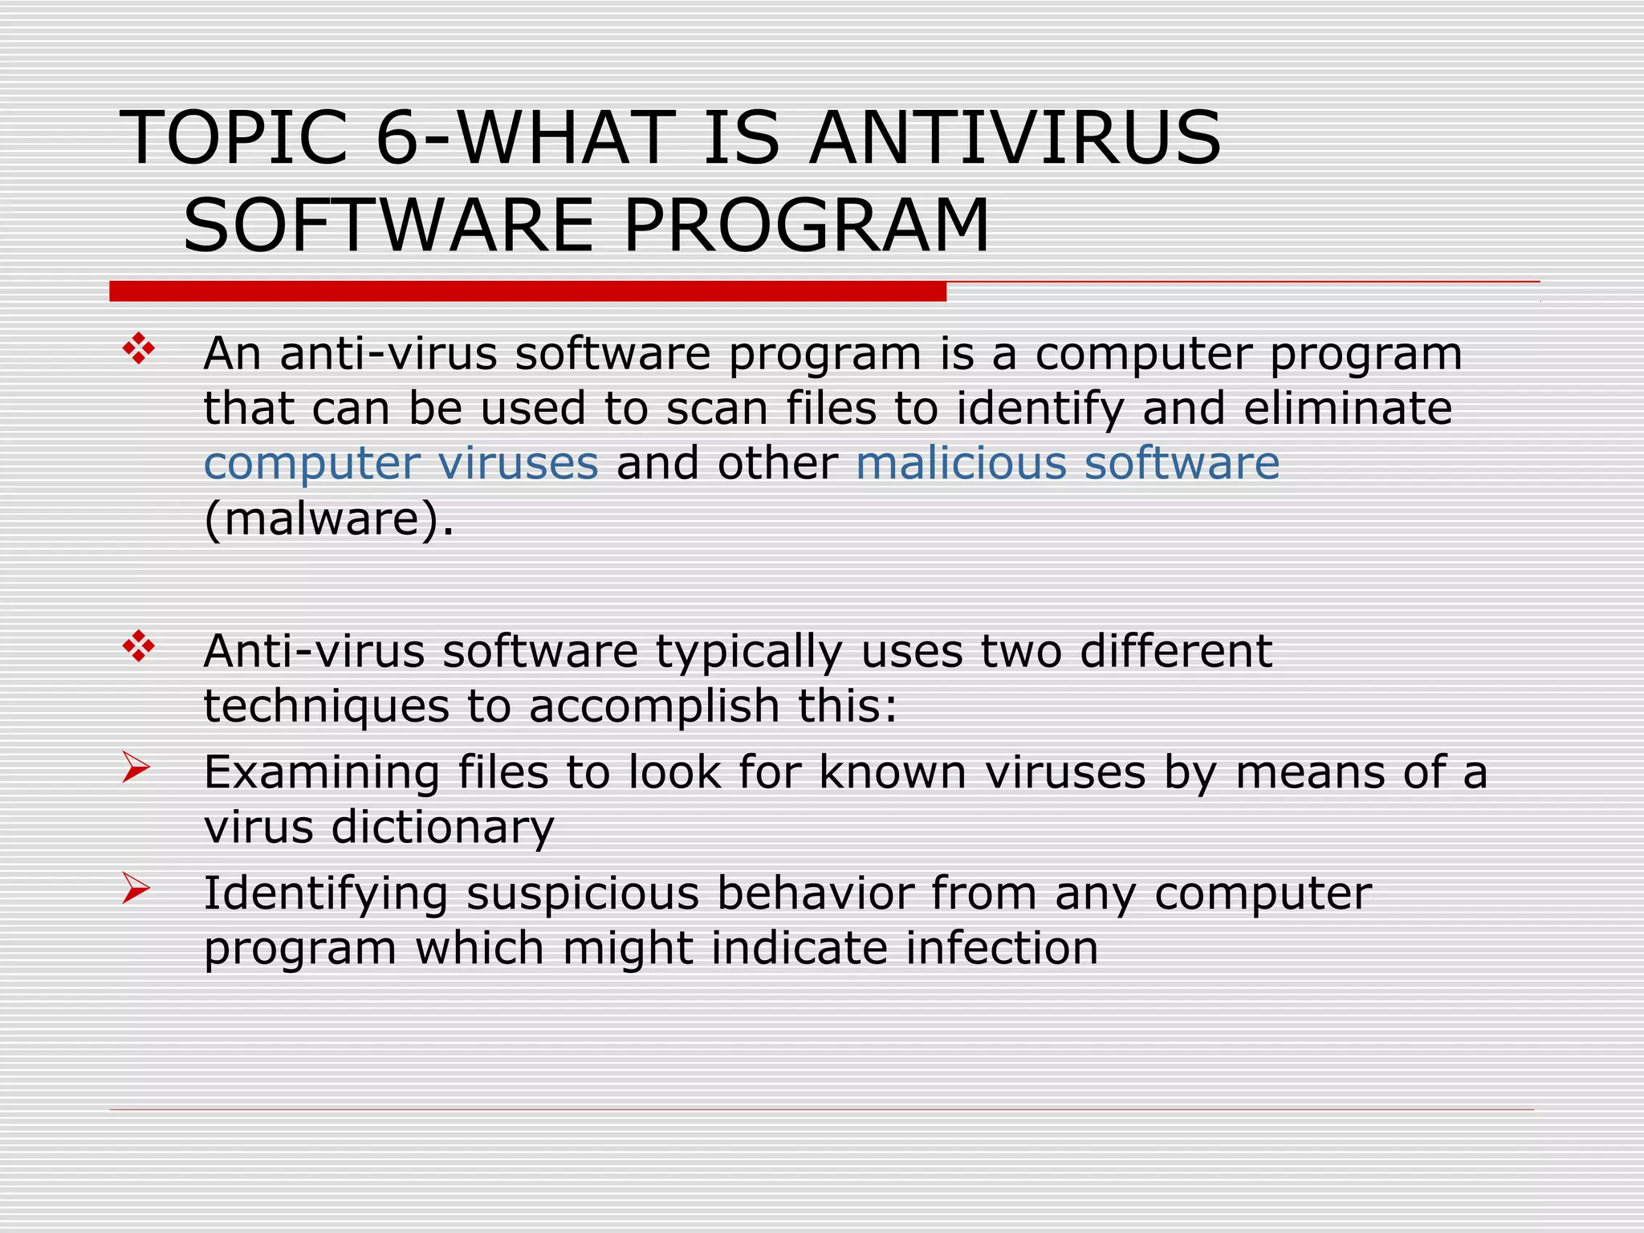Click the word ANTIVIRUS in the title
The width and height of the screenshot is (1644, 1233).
1015,138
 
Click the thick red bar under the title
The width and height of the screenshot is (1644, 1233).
527,291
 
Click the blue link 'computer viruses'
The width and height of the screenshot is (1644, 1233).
401,463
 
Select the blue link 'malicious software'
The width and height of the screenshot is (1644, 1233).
1067,463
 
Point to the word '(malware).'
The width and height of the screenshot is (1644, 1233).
329,519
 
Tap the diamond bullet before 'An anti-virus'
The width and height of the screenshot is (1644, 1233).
138,349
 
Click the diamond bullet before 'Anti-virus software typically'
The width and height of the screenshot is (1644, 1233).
138,647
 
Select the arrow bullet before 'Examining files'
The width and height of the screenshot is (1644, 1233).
136,767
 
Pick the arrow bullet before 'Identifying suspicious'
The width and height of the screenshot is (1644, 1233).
136,889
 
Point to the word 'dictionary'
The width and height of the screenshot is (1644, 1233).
442,827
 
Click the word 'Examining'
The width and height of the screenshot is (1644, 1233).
321,773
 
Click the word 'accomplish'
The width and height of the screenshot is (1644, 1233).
654,706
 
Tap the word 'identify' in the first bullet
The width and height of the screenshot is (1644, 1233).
1040,409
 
